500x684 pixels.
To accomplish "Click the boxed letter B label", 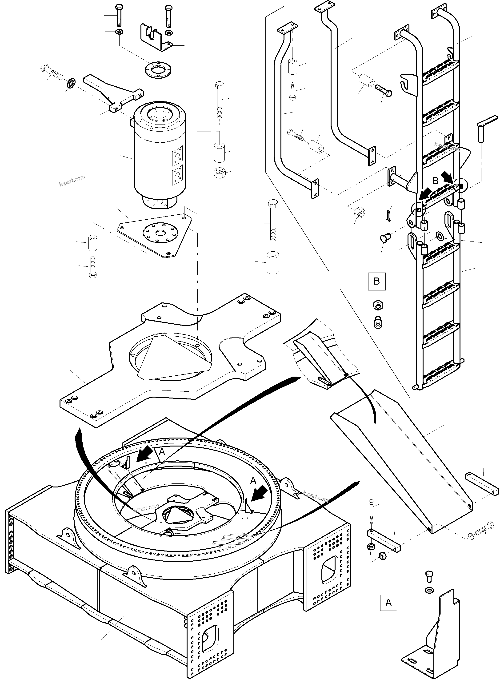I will [376, 282].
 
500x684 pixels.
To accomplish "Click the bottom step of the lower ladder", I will [439, 375].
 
